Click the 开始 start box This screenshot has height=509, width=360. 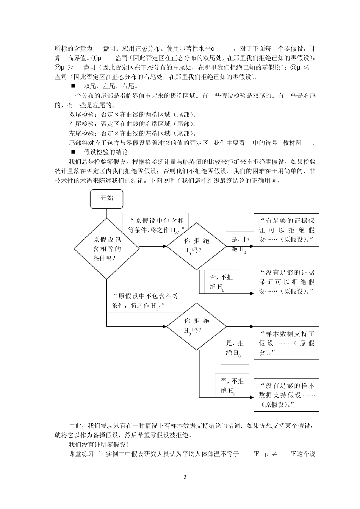106,198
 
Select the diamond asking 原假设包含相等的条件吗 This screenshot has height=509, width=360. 106,248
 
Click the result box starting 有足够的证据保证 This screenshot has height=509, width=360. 286,230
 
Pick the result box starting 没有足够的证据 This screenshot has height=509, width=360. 286,281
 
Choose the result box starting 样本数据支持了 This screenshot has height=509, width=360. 286,343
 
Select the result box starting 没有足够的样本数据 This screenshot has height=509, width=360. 286,395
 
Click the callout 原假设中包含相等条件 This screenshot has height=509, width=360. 156,225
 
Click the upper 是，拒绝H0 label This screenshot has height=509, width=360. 240,245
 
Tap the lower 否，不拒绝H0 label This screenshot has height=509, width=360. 232,386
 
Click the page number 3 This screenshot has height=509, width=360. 185,476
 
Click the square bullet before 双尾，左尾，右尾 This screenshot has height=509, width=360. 73,86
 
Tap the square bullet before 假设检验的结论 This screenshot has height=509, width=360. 73,152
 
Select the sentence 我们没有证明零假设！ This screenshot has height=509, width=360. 99,444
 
